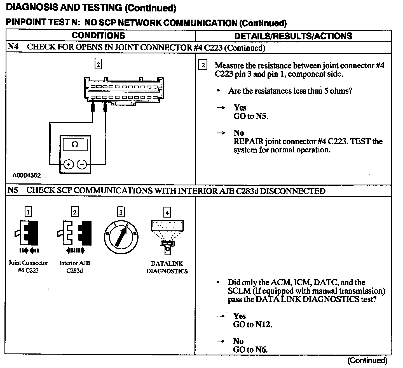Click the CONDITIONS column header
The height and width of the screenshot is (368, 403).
98,36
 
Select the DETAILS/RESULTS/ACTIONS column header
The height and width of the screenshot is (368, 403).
293,36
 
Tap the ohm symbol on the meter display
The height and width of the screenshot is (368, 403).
75,145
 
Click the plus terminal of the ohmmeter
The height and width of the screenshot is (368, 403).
68,164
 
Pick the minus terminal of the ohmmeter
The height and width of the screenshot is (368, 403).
82,164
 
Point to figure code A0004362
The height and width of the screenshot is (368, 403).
27,176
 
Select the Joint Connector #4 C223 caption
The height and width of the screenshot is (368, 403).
28,266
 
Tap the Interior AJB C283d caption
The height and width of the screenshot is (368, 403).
75,266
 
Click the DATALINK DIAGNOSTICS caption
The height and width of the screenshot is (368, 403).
167,267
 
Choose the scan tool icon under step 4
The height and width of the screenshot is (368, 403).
167,236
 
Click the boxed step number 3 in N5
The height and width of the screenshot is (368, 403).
121,212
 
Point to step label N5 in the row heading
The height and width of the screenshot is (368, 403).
13,190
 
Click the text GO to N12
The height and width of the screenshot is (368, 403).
253,324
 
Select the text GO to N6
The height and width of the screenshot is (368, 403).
250,349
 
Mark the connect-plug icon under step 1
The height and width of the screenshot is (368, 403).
27,235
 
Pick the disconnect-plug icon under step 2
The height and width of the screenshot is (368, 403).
75,235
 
